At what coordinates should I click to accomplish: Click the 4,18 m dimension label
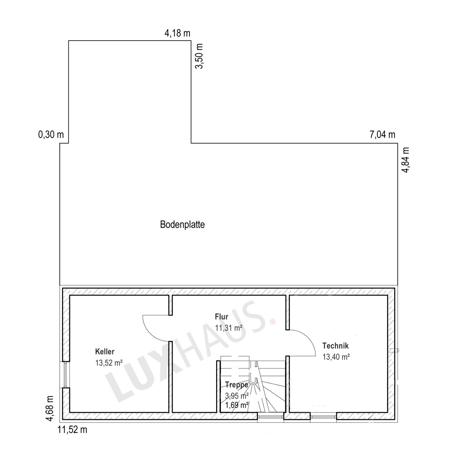[177, 33]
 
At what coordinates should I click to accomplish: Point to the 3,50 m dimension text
[199, 57]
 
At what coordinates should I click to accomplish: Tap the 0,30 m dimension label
[51, 135]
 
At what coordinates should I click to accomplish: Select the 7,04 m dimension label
[382, 135]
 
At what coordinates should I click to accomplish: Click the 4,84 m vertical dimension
[406, 160]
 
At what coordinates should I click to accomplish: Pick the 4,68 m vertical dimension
[50, 408]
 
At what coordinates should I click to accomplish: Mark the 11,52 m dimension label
[72, 430]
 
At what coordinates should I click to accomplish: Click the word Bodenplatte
[182, 225]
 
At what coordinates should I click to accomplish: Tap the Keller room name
[105, 352]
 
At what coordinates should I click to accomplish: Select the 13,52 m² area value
[109, 363]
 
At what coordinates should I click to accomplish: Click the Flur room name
[221, 317]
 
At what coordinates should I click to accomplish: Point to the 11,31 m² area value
[228, 328]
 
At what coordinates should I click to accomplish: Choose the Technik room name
[335, 346]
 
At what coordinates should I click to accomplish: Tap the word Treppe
[237, 385]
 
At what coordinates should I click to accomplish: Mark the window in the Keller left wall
[65, 375]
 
